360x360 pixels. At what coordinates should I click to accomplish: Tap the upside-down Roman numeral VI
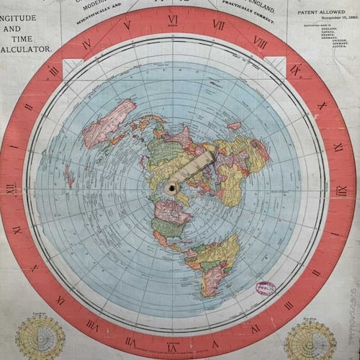173,339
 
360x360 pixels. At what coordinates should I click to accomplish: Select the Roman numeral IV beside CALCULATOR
87,45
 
